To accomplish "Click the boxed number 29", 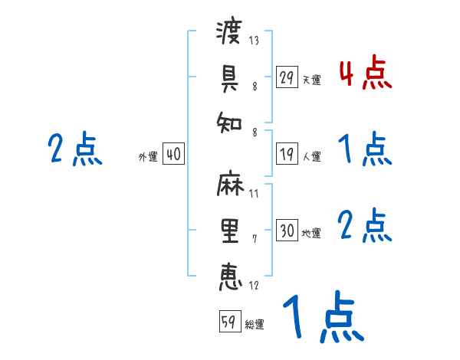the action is (x=287, y=78).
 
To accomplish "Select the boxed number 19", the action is (x=287, y=154).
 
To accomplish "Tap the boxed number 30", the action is (x=287, y=231).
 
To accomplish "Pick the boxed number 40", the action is (x=173, y=154).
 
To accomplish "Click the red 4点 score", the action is (x=365, y=74).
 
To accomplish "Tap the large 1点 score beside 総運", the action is (x=322, y=318).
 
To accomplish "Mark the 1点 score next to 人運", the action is (x=365, y=149).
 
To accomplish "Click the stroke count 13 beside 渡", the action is (x=254, y=41).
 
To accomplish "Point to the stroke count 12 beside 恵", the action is (x=254, y=286).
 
